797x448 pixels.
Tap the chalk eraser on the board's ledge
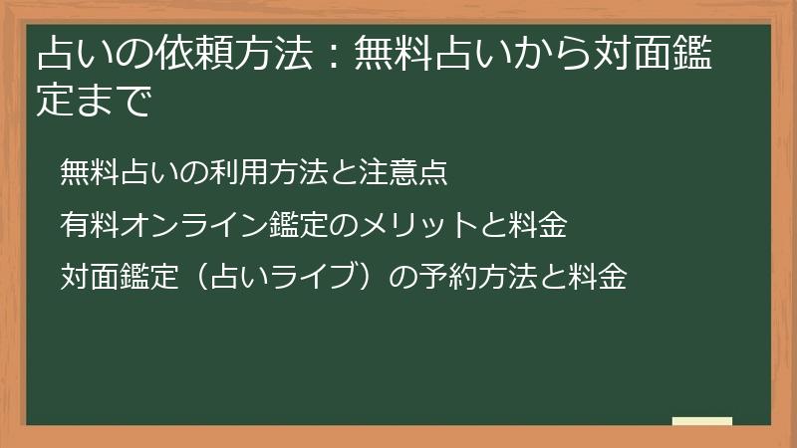point(701,421)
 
